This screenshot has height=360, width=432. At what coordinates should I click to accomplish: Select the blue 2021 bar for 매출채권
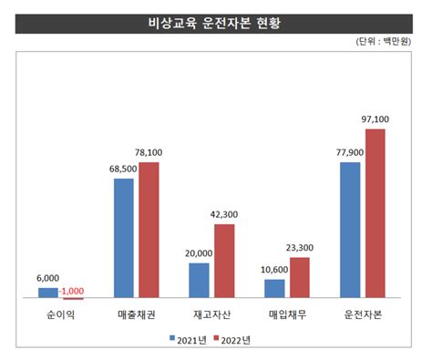pyautogui.click(x=123, y=238)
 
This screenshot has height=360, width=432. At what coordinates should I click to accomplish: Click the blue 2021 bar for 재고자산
pyautogui.click(x=199, y=280)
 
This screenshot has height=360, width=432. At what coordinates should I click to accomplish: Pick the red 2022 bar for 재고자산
pyautogui.click(x=223, y=261)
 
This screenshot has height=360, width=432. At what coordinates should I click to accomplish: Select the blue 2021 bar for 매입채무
pyautogui.click(x=274, y=288)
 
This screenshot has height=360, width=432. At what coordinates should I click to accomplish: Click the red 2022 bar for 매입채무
pyautogui.click(x=299, y=277)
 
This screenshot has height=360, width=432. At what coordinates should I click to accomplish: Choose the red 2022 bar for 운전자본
pyautogui.click(x=375, y=213)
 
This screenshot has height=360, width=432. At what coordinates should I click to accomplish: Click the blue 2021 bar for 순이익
pyautogui.click(x=48, y=293)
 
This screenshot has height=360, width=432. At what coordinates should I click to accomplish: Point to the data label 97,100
pyautogui.click(x=375, y=120)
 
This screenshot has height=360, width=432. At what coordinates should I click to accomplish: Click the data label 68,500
pyautogui.click(x=123, y=170)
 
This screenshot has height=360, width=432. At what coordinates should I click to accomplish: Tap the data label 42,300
pyautogui.click(x=223, y=215)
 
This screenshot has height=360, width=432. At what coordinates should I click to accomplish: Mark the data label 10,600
pyautogui.click(x=273, y=270)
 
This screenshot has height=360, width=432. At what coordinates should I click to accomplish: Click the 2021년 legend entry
pyautogui.click(x=187, y=340)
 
